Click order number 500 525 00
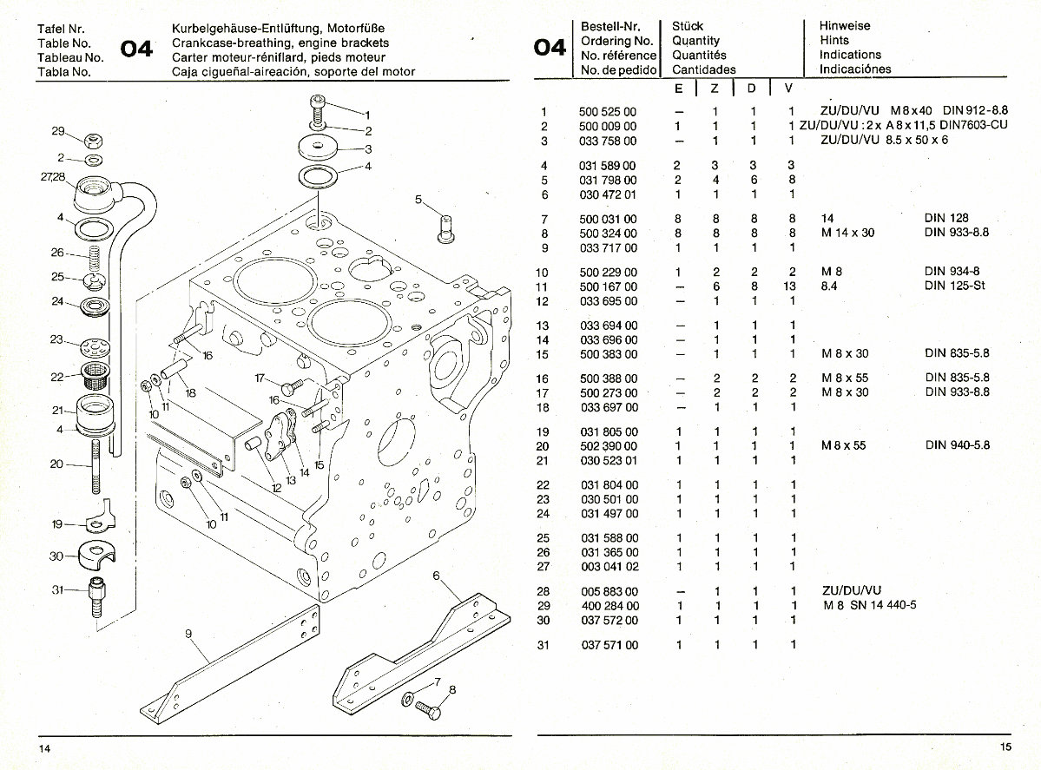coord(607,112)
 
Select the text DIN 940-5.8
coord(958,446)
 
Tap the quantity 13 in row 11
coord(789,286)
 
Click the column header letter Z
coord(715,89)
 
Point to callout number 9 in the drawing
coord(188,634)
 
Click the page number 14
coord(43,747)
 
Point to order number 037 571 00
coord(607,645)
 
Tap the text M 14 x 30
coord(851,234)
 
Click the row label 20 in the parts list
coord(543,446)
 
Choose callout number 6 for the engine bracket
coord(435,576)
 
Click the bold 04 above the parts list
coord(550,48)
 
